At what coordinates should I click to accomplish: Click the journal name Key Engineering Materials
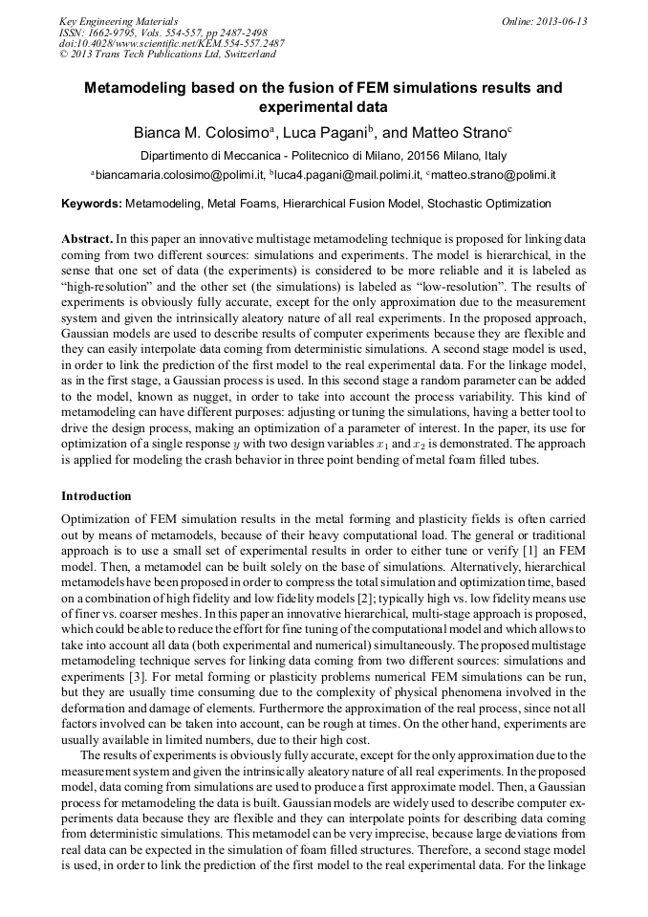[119, 21]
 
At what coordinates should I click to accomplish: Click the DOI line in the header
[171, 43]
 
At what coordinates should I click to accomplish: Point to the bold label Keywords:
[92, 204]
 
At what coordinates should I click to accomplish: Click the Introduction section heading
[97, 496]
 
